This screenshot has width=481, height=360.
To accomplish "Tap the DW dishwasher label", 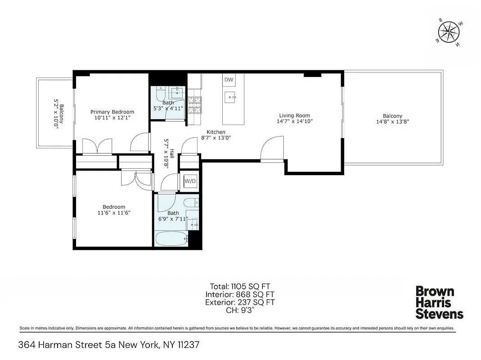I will [x=229, y=80].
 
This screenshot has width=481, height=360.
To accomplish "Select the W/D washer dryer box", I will [x=190, y=181].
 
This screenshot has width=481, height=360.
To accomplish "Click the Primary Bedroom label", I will [x=112, y=112].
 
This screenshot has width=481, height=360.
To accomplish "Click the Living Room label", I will [x=294, y=115].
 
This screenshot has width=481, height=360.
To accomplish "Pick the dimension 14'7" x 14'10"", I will [x=294, y=121].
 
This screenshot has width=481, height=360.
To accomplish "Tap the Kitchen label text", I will [x=216, y=132].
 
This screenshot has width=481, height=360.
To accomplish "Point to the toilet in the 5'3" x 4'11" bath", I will [x=160, y=94].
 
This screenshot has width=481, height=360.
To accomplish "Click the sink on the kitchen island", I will [x=231, y=96].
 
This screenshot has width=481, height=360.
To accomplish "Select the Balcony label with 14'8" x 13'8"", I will [x=392, y=116].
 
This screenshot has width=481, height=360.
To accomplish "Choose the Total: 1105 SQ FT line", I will [x=240, y=286].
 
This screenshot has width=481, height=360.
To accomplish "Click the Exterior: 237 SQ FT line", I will [x=240, y=302].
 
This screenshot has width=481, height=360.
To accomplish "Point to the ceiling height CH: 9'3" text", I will [x=240, y=310].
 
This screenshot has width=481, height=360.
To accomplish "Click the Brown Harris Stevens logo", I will [x=439, y=302].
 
